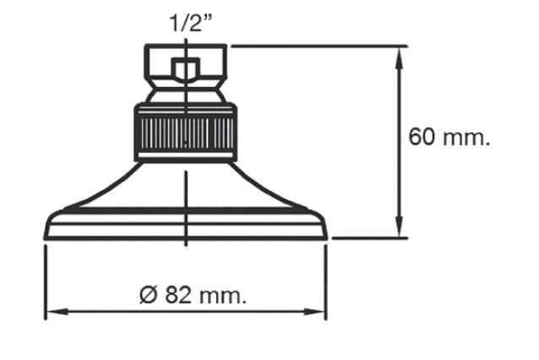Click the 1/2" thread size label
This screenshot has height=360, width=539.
191,23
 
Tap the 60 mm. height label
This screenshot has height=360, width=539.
449,137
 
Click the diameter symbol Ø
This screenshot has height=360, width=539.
149,295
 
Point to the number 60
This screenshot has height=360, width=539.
422,137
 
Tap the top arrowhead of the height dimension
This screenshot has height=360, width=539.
399,57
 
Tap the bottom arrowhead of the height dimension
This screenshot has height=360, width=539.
399,226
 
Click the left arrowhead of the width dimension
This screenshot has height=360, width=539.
57,312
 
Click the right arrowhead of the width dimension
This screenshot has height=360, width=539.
314,312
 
